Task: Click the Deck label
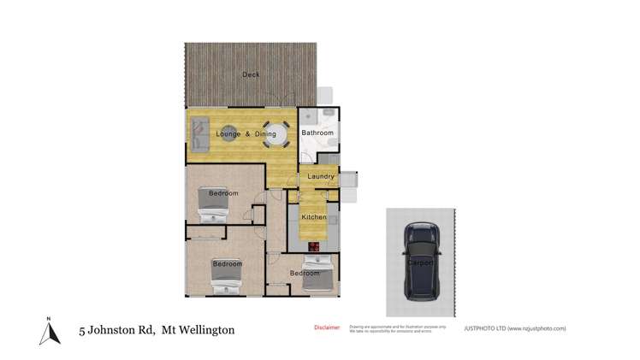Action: (x=251, y=75)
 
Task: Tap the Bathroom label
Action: (x=317, y=133)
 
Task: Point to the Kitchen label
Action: (x=313, y=218)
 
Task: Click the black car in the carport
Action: (x=420, y=262)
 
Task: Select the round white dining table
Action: (x=275, y=134)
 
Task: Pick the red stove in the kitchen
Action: (x=314, y=248)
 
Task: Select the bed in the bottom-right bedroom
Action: (x=316, y=280)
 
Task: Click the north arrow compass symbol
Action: (x=49, y=331)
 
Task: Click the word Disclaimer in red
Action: (x=326, y=328)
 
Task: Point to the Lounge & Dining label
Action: (x=247, y=135)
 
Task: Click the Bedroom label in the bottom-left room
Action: (x=227, y=264)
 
